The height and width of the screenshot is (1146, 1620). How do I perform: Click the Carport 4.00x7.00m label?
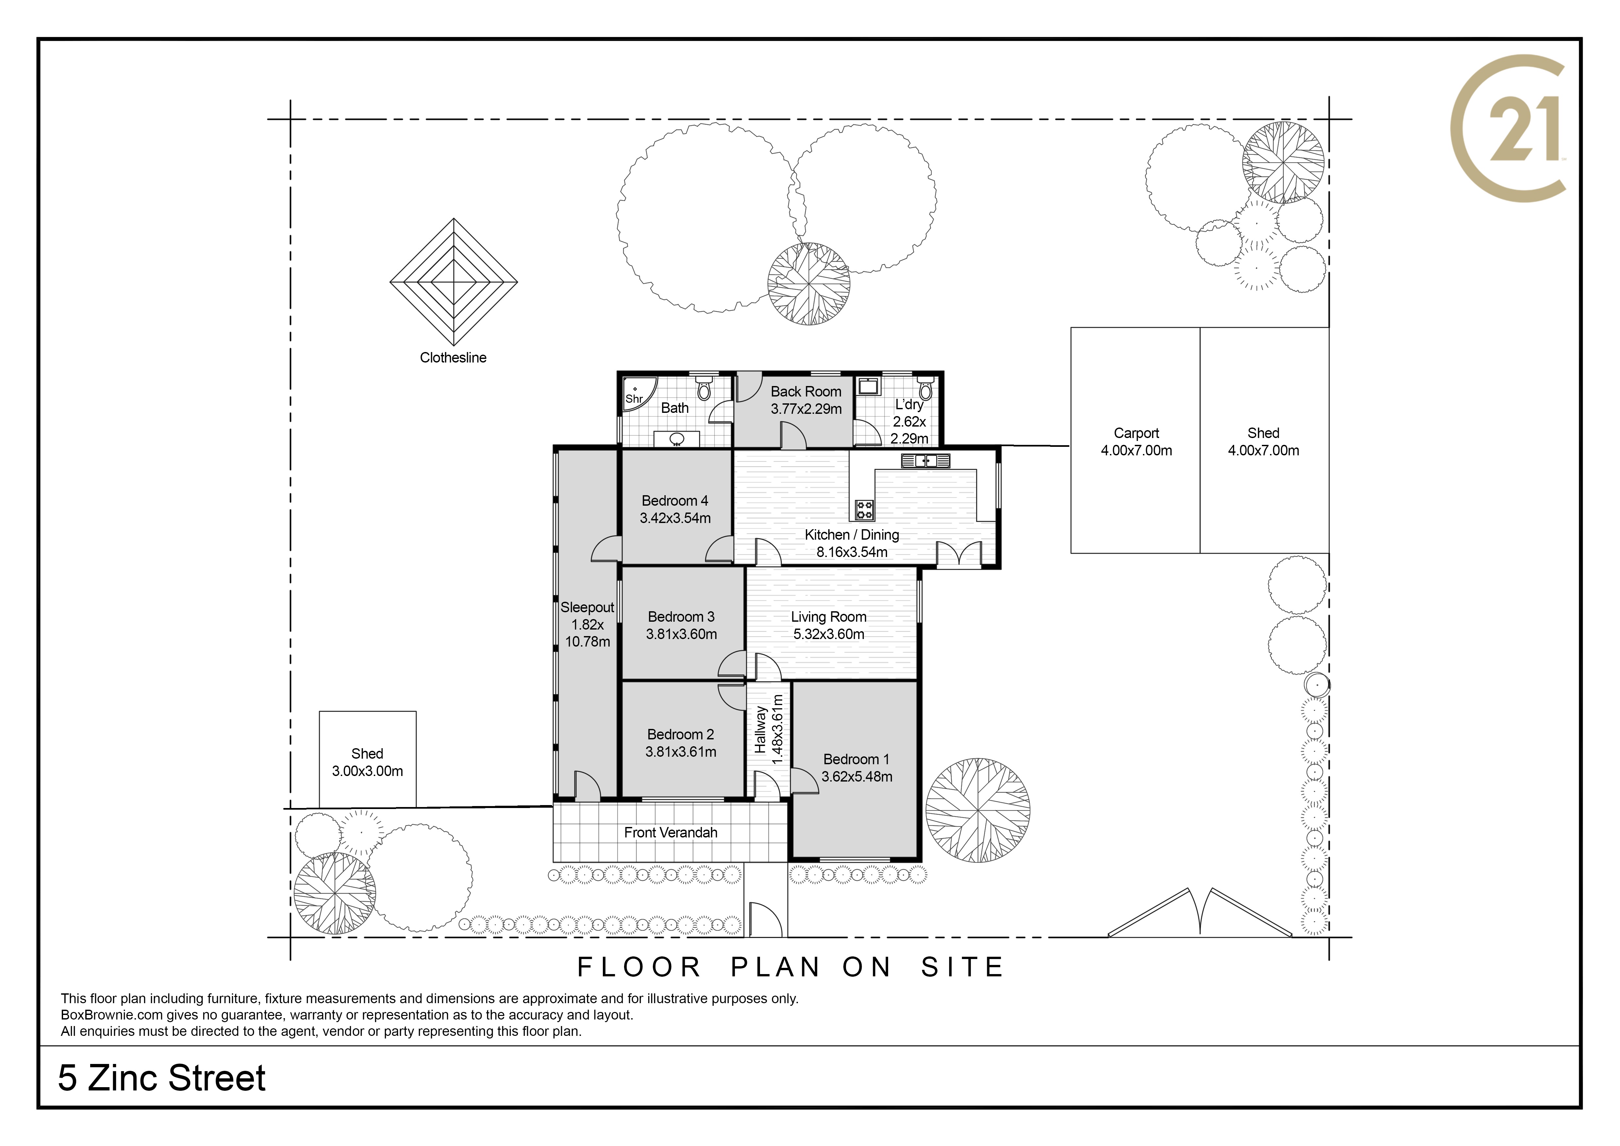coord(1136,442)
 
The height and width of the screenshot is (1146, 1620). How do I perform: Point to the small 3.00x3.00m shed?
coord(368,759)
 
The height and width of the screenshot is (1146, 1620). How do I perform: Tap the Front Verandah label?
coord(670,833)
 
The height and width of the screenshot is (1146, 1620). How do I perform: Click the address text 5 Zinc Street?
coord(162,1078)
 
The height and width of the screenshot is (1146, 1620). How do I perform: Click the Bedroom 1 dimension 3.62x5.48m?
coord(857,777)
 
